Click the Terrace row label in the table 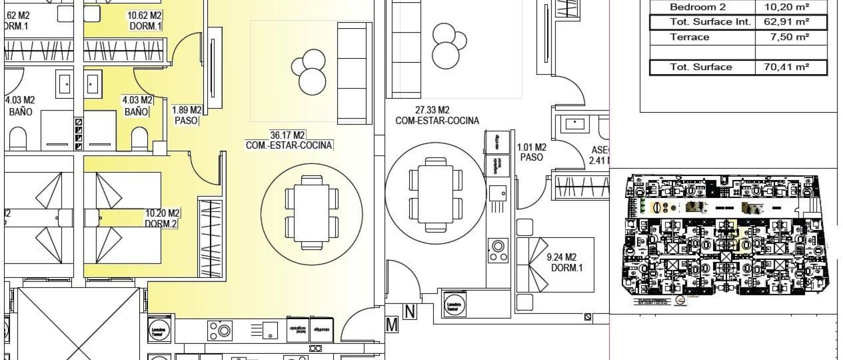tap(689, 37)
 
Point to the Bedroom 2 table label tap(698, 7)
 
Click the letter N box tap(410, 312)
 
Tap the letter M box tap(392, 325)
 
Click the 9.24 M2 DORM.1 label tap(566, 262)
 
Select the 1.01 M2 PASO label tap(531, 152)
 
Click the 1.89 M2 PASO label tap(186, 115)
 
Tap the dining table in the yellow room tap(312, 213)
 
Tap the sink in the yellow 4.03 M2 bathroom tap(93, 83)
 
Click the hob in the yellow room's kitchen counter tap(220, 331)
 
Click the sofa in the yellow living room tap(352, 74)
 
